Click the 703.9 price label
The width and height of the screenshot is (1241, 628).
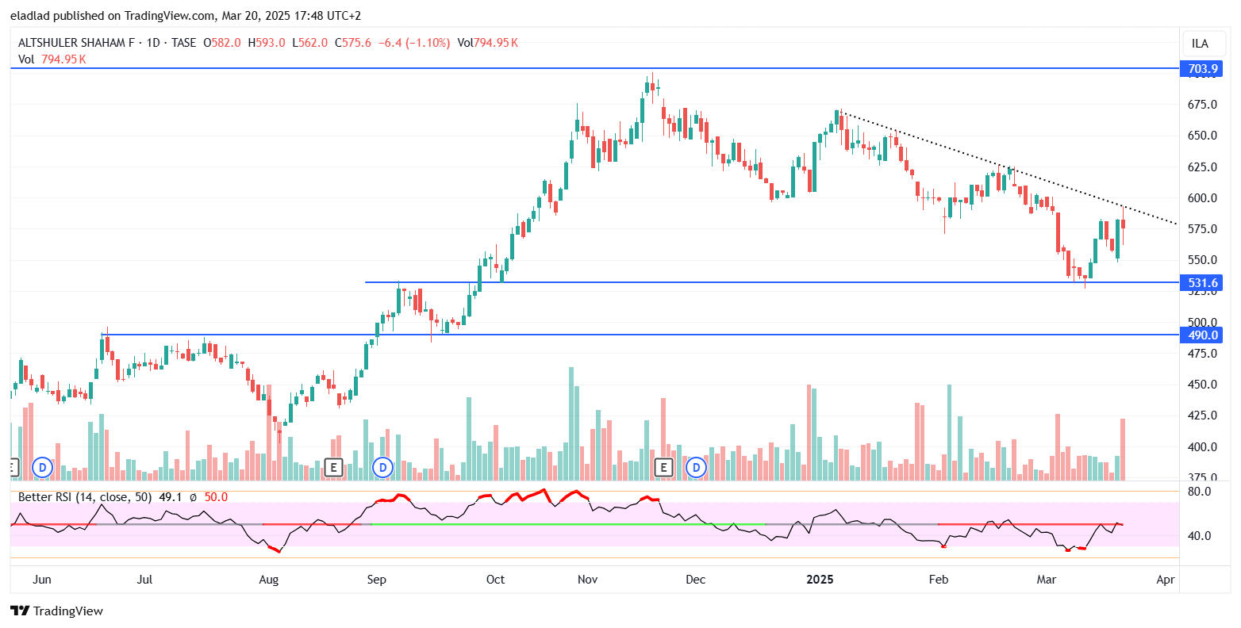1203,69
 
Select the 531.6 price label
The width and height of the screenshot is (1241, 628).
1203,282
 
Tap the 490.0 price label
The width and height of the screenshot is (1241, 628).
1203,335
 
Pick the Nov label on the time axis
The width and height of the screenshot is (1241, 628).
587,580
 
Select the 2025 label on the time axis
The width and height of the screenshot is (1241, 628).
820,580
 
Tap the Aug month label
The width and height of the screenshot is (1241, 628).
269,580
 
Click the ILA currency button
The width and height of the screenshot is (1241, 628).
1200,44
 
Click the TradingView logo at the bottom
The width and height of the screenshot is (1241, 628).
56,611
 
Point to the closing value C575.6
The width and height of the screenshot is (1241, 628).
353,43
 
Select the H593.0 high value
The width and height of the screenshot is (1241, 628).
266,43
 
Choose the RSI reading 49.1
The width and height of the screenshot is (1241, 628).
171,497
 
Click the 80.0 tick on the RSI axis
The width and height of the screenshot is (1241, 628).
1199,492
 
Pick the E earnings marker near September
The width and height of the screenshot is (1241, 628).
333,468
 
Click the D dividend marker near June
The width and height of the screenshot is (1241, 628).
42,468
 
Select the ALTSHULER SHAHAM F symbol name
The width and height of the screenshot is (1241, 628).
76,43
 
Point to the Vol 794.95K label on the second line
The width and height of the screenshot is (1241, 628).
52,59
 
